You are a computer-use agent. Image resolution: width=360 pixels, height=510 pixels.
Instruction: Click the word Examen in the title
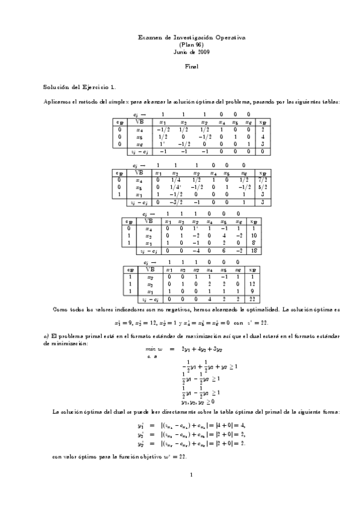click(147, 38)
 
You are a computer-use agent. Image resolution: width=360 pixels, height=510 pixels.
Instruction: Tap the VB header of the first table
click(139, 121)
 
